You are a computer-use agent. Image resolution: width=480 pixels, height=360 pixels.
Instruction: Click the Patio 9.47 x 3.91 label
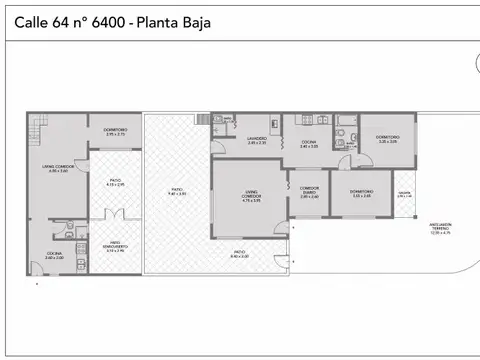176,190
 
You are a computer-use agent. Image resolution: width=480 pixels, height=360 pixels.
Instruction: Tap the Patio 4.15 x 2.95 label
115,182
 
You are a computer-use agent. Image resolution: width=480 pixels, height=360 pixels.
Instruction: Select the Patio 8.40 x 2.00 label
239,254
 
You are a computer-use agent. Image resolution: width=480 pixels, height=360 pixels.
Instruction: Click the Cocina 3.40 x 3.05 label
309,144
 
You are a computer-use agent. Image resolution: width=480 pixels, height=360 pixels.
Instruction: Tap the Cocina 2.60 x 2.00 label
40,255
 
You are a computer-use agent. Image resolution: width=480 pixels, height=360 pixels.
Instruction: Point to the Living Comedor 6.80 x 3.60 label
56,168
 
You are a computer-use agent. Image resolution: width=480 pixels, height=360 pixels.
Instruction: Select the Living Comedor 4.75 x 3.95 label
251,197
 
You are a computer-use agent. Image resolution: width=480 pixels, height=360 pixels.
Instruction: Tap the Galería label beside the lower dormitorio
403,193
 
